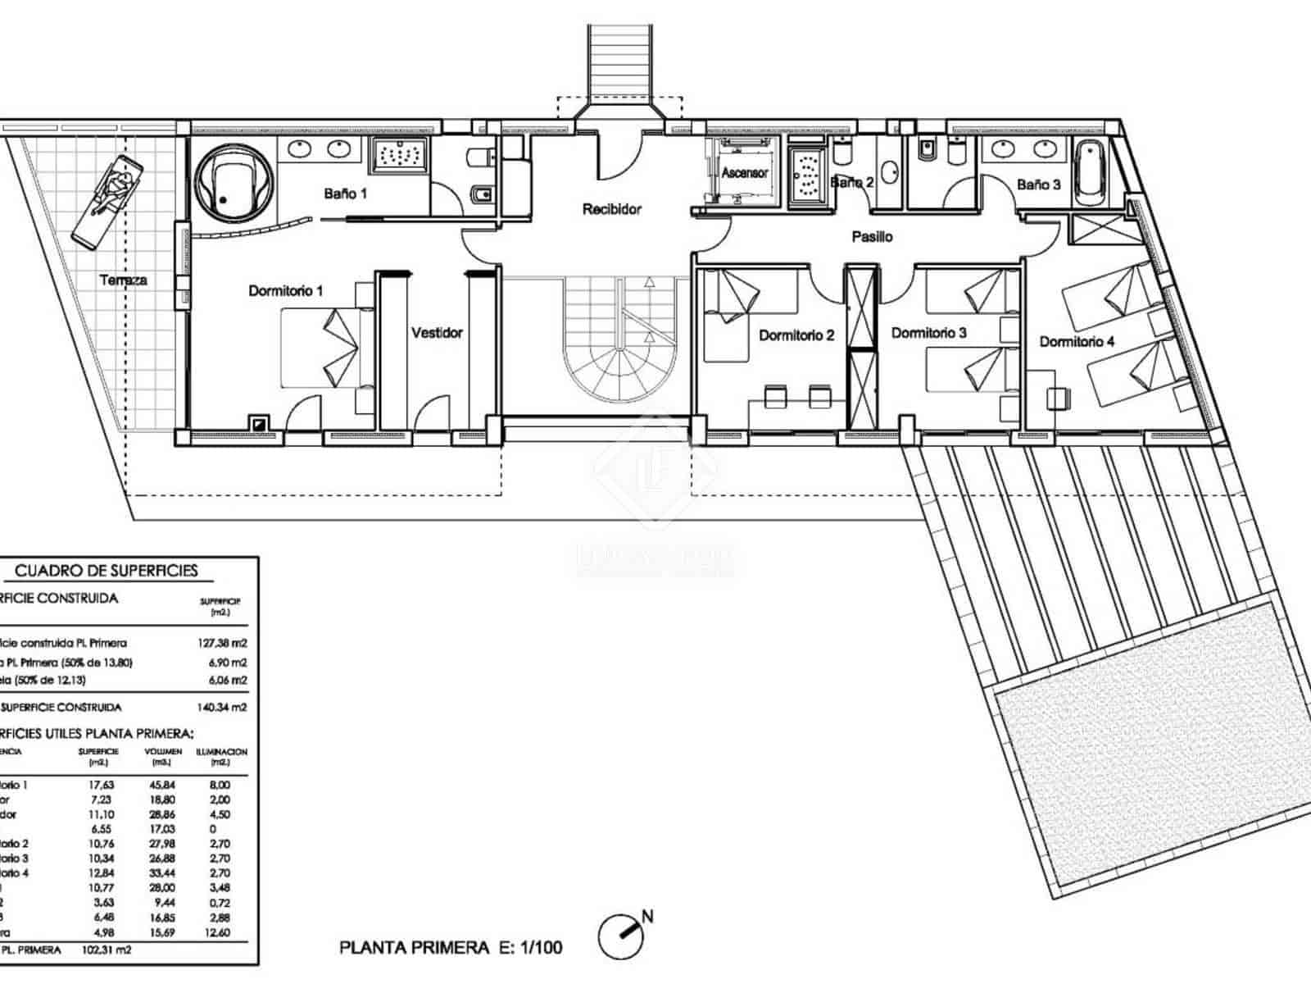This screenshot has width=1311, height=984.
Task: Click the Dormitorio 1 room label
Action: pos(286,291)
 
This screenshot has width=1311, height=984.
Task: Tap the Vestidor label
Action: pos(437,333)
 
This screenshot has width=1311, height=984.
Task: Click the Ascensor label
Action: pos(745,173)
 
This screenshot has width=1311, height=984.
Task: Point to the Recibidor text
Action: pos(611,209)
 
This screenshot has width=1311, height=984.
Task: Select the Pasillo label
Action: pos(872,237)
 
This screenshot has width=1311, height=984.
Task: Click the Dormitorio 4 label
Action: pos(1077,341)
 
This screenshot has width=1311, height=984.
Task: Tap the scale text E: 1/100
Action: pos(530,948)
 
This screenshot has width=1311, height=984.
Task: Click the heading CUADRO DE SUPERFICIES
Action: pos(107,571)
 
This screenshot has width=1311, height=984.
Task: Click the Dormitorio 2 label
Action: pos(796,335)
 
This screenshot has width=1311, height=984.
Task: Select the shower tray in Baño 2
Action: pos(808,174)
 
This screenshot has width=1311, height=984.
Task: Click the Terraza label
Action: pos(124,280)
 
